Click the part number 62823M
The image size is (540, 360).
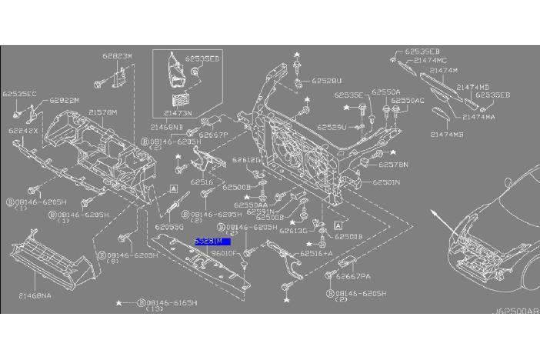[x=118, y=56]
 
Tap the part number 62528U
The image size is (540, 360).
[x=327, y=80]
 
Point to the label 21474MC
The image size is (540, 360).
[x=430, y=60]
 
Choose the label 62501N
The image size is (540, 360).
[x=386, y=183]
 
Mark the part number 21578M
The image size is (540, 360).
[x=102, y=112]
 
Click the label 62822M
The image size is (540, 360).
[x=65, y=100]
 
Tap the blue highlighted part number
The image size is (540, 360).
[x=212, y=242]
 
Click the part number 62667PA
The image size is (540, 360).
[x=354, y=276]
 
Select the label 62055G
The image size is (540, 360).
[x=168, y=228]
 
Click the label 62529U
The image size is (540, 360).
[x=332, y=127]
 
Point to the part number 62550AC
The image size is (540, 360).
[x=408, y=101]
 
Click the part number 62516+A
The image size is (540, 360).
[x=316, y=253]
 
